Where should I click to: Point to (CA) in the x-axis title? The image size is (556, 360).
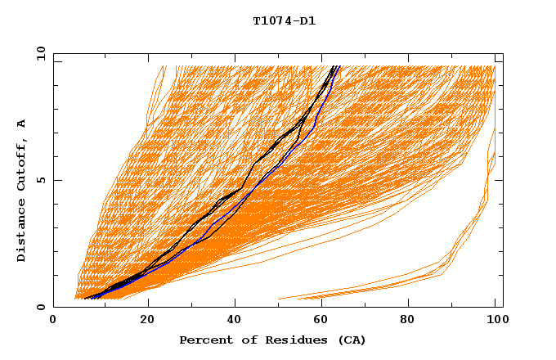[x=350, y=340]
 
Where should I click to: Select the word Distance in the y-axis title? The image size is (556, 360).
[x=22, y=231]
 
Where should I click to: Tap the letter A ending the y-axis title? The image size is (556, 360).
[x=22, y=123]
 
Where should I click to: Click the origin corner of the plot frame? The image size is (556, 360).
[x=54, y=307]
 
